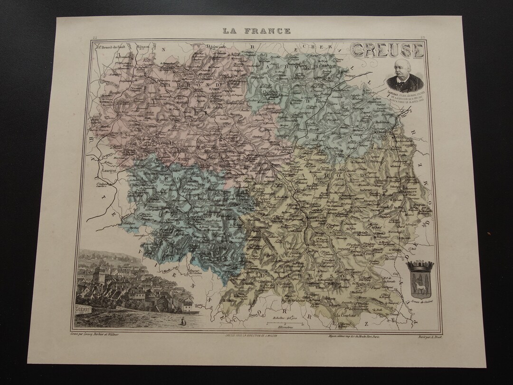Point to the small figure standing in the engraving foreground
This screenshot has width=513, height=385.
click(181, 322)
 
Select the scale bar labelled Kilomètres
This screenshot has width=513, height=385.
click(284, 324)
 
